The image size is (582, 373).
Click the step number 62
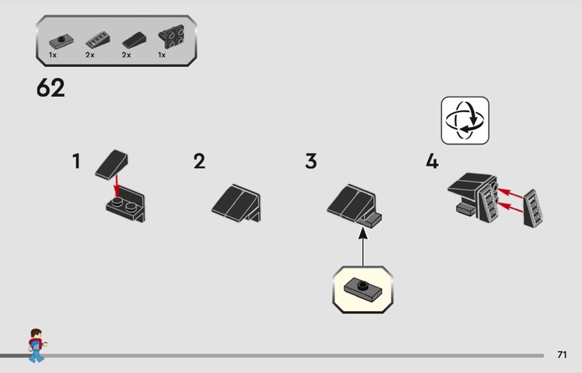click(50, 87)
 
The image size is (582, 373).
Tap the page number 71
click(562, 355)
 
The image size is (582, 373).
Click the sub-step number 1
click(76, 161)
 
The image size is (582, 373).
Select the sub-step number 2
click(199, 161)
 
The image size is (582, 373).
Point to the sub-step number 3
click(311, 161)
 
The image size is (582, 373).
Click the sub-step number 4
click(432, 161)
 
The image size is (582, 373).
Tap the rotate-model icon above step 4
click(465, 120)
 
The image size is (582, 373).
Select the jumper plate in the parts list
click(61, 42)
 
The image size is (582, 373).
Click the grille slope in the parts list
click(97, 40)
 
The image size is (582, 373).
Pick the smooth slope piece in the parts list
click(134, 40)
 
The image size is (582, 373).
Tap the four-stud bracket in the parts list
click(172, 36)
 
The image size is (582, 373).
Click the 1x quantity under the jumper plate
click(52, 55)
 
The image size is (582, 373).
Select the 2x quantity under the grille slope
click(89, 55)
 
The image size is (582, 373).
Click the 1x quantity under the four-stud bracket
click(162, 55)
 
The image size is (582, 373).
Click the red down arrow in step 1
click(116, 185)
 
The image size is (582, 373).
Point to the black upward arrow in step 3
click(363, 246)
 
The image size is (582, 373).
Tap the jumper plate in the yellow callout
click(362, 289)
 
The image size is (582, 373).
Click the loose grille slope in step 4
click(533, 208)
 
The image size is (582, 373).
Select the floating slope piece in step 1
click(112, 164)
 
